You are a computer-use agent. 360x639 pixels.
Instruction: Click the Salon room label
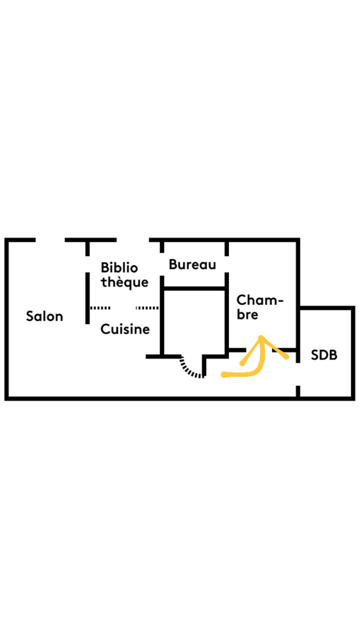[x=44, y=316]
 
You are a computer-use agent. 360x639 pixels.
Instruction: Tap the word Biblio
[x=119, y=267]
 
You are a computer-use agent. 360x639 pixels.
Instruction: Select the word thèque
[x=124, y=282]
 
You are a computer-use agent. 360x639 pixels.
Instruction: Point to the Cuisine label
[x=125, y=329]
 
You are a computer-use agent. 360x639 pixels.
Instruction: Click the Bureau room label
[x=192, y=264]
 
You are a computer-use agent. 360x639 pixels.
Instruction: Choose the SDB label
[x=324, y=355]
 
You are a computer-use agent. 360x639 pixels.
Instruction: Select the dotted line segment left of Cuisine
[x=100, y=308]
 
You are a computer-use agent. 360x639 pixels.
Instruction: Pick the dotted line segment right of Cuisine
[x=147, y=308]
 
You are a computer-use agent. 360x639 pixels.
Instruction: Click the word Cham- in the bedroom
[x=260, y=300]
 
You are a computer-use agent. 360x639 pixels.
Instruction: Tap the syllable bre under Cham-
[x=247, y=315]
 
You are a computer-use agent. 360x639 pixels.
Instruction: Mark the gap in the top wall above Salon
[x=51, y=240]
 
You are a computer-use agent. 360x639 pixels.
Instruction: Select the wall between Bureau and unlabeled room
[x=193, y=289]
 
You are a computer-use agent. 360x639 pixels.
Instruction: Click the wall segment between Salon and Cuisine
[x=88, y=298]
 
